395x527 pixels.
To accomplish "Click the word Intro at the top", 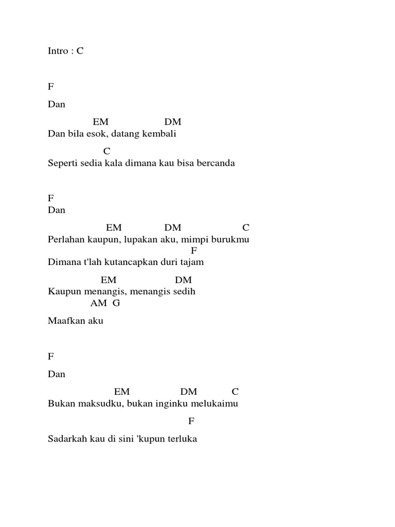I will [x=58, y=52].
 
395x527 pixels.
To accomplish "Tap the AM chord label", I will [x=98, y=303].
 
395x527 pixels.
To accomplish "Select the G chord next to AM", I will [x=116, y=303].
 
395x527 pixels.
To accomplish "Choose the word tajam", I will [x=191, y=262].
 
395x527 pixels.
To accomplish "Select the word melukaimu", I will [x=217, y=404].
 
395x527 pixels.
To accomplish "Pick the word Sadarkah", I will [x=66, y=440].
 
